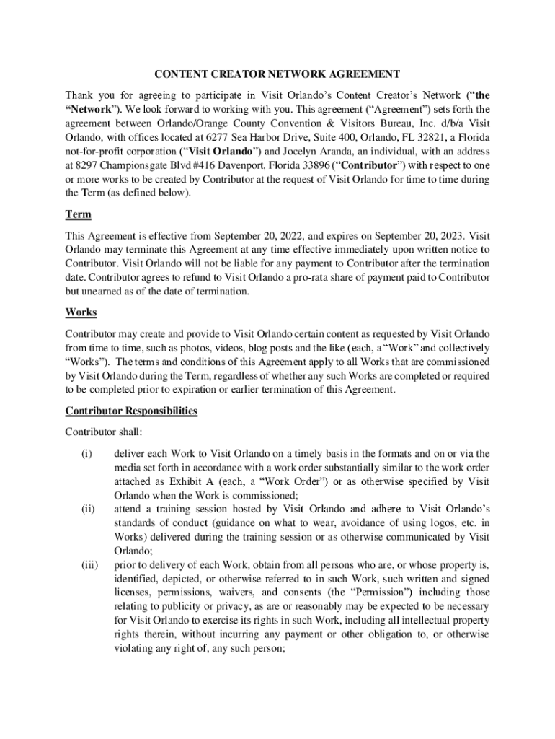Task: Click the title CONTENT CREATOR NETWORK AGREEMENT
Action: [277, 74]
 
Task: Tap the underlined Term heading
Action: [77, 215]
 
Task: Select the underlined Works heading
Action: [81, 312]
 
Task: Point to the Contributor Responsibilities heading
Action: [131, 411]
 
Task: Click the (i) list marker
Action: [86, 453]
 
